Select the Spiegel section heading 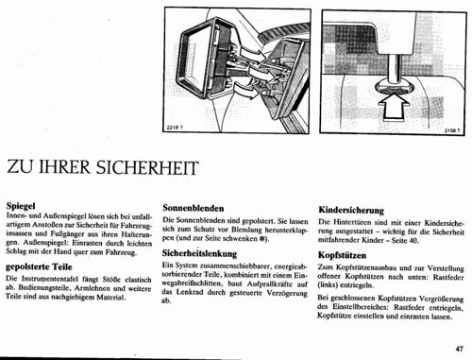pyautogui.click(x=23, y=204)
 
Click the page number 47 pyautogui.click(x=457, y=347)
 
